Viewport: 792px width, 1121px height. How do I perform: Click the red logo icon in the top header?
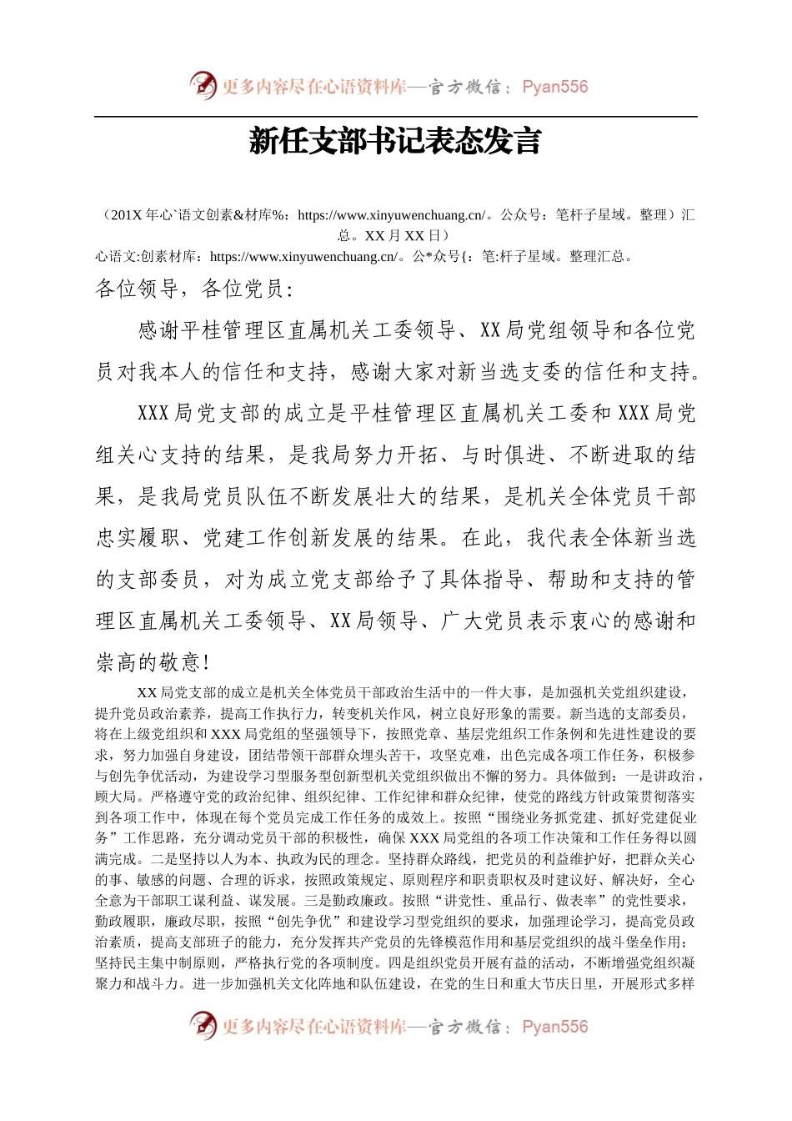click(203, 85)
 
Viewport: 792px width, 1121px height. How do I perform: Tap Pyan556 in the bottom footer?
click(554, 1027)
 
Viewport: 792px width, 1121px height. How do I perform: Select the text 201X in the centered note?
click(127, 215)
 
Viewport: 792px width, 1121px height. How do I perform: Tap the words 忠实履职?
click(138, 538)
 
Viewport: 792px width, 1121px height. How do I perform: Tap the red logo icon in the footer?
click(203, 1025)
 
